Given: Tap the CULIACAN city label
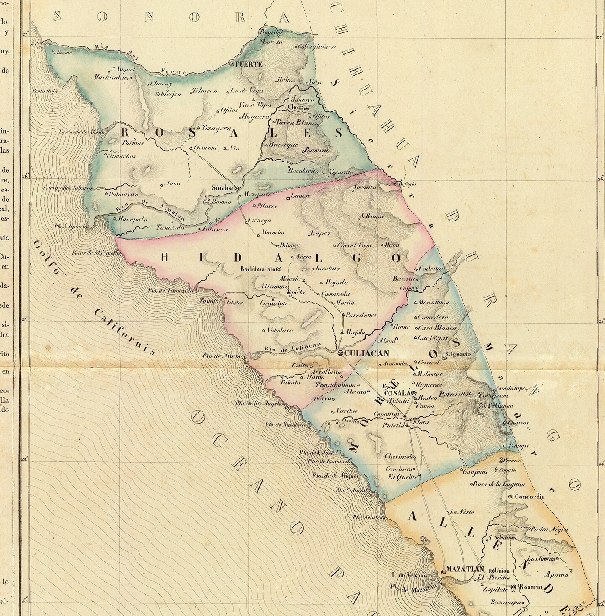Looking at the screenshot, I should click(367, 353).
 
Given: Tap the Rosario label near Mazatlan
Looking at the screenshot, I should click(531, 587).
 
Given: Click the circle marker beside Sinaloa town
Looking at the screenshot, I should click(236, 188).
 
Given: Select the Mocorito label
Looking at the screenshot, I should click(273, 232).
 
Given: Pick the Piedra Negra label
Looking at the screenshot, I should click(550, 529).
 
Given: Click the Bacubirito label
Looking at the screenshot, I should click(303, 171).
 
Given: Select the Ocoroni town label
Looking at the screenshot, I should click(205, 147).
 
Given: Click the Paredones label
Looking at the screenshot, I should click(361, 315).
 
